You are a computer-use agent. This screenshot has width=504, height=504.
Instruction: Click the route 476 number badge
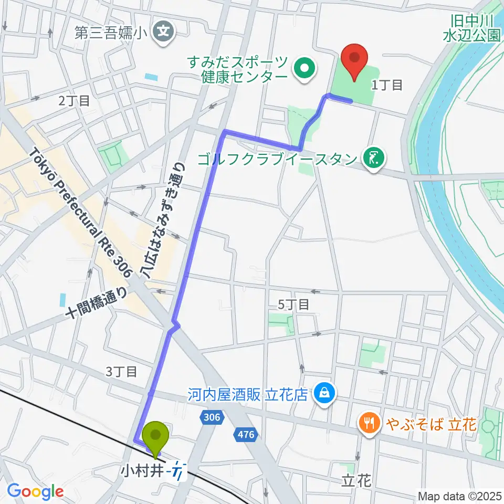pos(246,434)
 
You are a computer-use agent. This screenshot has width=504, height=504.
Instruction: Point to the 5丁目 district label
pos(293,304)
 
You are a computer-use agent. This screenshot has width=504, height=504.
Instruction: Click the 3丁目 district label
pos(122,372)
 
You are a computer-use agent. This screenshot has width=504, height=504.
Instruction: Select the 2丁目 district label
pos(74,101)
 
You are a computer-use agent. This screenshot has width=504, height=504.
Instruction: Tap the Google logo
pos(35,491)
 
